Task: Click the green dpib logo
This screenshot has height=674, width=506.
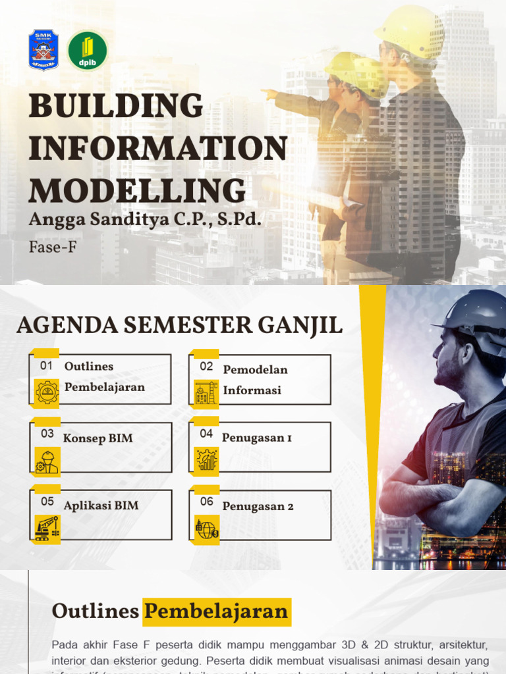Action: [x=88, y=51]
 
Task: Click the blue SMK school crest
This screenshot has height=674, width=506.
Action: [x=43, y=50]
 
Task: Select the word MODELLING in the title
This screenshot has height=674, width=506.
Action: [x=137, y=190]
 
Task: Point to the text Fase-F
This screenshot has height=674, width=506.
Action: [x=53, y=249]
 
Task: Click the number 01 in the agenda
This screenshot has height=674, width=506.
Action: [x=46, y=365]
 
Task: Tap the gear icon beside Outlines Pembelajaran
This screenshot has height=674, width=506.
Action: [x=47, y=392]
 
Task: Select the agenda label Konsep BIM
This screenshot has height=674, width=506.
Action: [x=98, y=438]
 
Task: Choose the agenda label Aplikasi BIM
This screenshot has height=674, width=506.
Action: [x=101, y=506]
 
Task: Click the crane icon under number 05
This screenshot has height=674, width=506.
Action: [x=47, y=527]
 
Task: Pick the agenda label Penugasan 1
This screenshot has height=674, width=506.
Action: [x=256, y=438]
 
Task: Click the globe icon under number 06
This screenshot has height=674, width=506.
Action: [x=206, y=528]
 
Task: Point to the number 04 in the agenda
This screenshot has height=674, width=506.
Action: [x=207, y=433]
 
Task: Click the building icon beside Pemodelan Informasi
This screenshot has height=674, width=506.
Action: [x=206, y=392]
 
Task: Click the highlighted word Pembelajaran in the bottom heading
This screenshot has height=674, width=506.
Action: [x=217, y=611]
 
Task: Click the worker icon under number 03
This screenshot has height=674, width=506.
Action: [x=47, y=461]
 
